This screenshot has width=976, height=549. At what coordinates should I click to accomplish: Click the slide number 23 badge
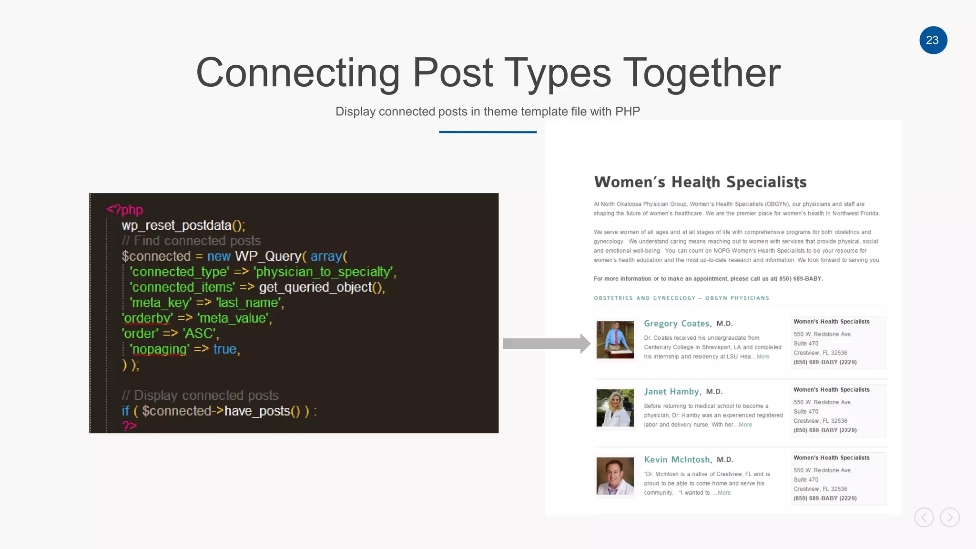pyautogui.click(x=933, y=40)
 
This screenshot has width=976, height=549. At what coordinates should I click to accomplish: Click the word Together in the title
pyautogui.click(x=701, y=73)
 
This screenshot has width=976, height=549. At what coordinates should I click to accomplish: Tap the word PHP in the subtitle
pyautogui.click(x=627, y=112)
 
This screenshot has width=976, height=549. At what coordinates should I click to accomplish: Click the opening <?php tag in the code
pyautogui.click(x=124, y=210)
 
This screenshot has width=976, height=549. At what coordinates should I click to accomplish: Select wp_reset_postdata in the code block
pyautogui.click(x=176, y=225)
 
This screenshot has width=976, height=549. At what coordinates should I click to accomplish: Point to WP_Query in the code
pyautogui.click(x=268, y=256)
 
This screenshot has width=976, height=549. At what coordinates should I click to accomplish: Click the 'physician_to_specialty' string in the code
pyautogui.click(x=324, y=272)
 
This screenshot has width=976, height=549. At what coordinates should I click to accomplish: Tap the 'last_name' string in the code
pyautogui.click(x=249, y=303)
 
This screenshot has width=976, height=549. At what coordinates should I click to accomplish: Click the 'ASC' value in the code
pyautogui.click(x=199, y=334)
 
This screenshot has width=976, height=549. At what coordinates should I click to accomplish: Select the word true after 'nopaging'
pyautogui.click(x=225, y=349)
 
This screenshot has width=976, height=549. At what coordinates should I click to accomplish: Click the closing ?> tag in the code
pyautogui.click(x=129, y=426)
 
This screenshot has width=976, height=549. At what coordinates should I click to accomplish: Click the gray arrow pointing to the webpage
pyautogui.click(x=546, y=344)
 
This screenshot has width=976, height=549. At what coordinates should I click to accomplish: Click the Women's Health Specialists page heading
pyautogui.click(x=700, y=182)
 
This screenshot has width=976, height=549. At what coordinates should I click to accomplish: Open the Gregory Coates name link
pyautogui.click(x=677, y=324)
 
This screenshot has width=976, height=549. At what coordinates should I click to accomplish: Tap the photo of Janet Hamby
pyautogui.click(x=615, y=408)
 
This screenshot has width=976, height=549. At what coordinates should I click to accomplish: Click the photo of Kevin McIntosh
pyautogui.click(x=615, y=476)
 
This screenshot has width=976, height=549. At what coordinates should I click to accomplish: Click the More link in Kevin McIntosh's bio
pyautogui.click(x=724, y=493)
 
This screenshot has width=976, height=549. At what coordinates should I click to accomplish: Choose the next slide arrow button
pyautogui.click(x=949, y=517)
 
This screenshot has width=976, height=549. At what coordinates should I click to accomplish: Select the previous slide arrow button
pyautogui.click(x=924, y=517)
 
